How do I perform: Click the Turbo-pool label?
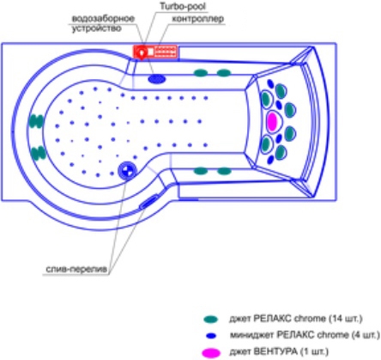click(183, 6)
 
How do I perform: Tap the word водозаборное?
click(103, 19)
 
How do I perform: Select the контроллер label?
click(197, 19)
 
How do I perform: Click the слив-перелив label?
click(76, 269)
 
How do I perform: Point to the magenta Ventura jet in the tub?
click(272, 121)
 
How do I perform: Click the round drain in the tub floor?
click(127, 170)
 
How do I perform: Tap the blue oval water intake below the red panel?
click(157, 78)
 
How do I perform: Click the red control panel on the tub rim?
click(155, 52)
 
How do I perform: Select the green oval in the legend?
click(210, 319)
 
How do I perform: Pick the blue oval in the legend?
click(211, 335)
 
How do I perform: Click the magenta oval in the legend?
click(211, 353)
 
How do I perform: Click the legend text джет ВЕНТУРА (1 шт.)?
click(279, 351)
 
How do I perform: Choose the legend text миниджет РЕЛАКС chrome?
click(288, 335)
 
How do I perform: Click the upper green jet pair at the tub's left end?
click(36, 121)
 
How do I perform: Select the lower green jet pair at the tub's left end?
click(38, 153)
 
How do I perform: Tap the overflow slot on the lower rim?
click(148, 201)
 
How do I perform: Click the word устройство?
click(96, 28)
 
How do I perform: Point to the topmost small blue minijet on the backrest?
click(270, 83)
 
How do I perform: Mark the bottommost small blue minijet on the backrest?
click(270, 160)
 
